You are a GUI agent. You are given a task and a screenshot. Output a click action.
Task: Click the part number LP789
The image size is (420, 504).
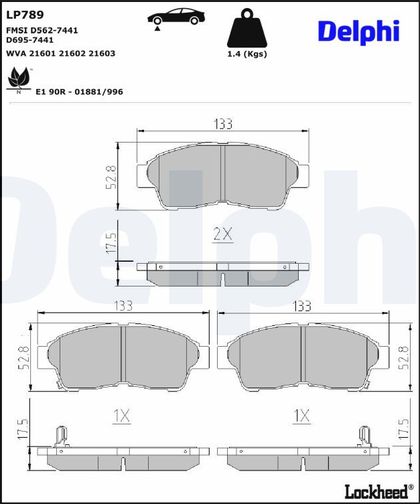click(x=25, y=15)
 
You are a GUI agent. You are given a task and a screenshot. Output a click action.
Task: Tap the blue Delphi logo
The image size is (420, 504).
click(x=359, y=32)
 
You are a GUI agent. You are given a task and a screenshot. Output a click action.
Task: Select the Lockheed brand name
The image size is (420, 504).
click(x=378, y=492)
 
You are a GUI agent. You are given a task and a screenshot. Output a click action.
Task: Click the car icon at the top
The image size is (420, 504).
click(x=176, y=17)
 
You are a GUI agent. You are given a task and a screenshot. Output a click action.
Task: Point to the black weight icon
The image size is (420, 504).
click(x=247, y=28)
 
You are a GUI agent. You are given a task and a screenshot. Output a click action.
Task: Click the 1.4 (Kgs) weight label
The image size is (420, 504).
click(x=247, y=54)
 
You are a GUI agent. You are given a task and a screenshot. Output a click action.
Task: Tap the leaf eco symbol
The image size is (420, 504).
click(x=19, y=80)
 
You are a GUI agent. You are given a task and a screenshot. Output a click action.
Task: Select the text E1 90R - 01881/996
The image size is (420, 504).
click(x=79, y=92)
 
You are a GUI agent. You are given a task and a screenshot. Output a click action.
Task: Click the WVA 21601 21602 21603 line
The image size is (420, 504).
click(x=61, y=53)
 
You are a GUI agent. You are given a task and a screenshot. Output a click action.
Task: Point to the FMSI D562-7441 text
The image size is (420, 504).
click(x=42, y=30)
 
